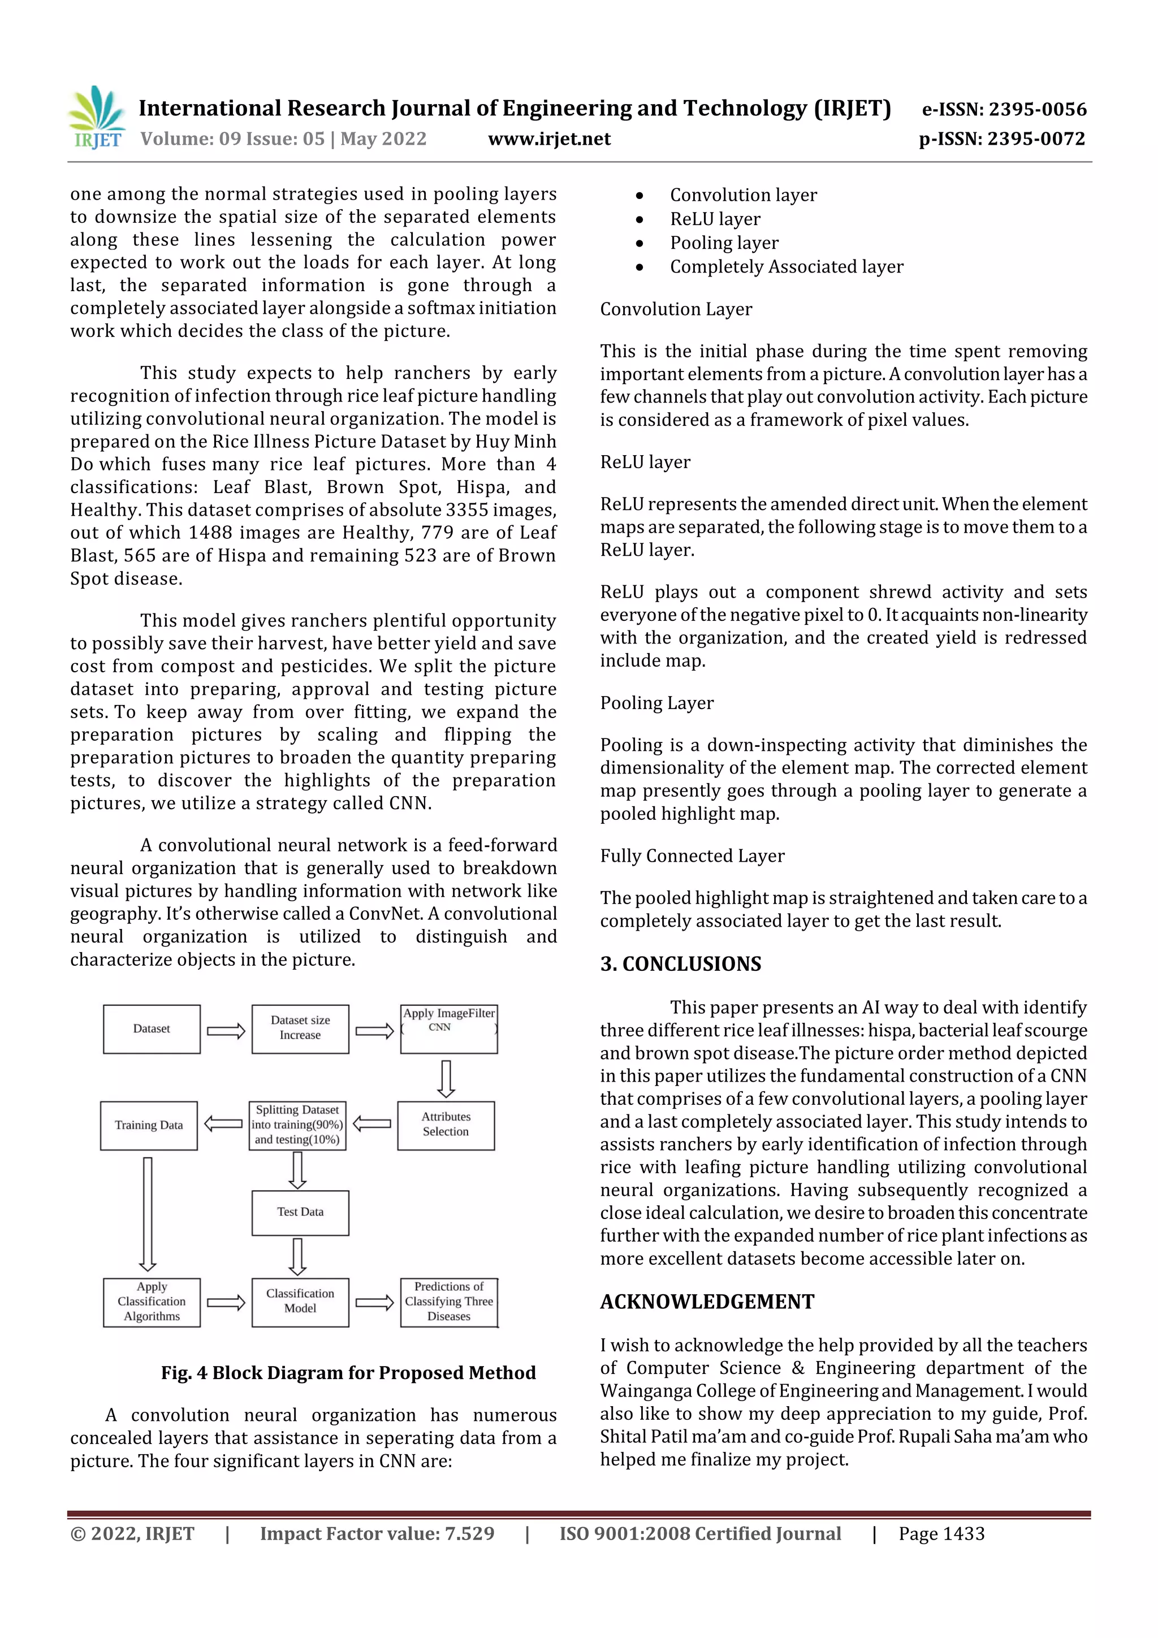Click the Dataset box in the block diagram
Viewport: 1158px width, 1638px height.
(x=152, y=1028)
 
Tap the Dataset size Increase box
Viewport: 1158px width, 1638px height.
(x=300, y=1028)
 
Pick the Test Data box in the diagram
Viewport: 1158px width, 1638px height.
(x=300, y=1212)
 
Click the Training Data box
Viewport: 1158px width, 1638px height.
(x=148, y=1125)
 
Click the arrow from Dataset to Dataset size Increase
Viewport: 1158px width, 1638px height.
(x=226, y=1031)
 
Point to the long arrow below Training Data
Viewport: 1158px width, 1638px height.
(x=148, y=1213)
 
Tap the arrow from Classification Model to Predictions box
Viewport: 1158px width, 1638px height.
(x=374, y=1303)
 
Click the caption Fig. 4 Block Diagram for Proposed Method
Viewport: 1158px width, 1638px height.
(x=348, y=1373)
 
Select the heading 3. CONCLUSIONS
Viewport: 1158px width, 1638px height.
(x=680, y=964)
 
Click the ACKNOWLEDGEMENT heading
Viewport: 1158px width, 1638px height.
(x=706, y=1302)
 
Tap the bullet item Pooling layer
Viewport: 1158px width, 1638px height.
(x=724, y=243)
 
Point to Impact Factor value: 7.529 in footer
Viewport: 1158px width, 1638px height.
(x=377, y=1534)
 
